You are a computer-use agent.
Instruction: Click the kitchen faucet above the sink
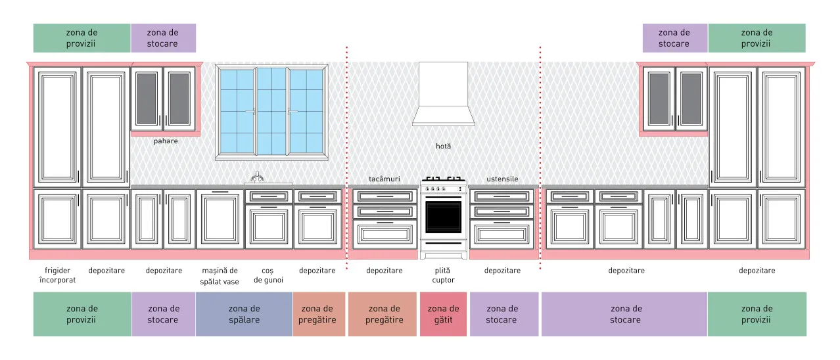[x=257, y=177]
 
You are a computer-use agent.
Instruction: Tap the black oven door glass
[x=443, y=217]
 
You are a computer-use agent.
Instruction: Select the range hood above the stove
[x=443, y=94]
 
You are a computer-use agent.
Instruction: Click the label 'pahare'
[x=166, y=141]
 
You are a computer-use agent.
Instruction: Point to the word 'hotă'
[x=443, y=146]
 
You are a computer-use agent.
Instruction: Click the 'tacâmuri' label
[x=385, y=179]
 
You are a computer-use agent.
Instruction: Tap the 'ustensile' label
[x=503, y=179]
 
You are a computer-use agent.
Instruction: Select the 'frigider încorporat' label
[x=57, y=275]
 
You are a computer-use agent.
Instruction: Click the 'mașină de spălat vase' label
[x=220, y=276]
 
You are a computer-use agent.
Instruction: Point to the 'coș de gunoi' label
[x=269, y=276]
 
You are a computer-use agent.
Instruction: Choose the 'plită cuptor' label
[x=443, y=275]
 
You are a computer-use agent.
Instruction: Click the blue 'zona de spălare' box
[x=244, y=314]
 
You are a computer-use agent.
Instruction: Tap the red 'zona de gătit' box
[x=443, y=314]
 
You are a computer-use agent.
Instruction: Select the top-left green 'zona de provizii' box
[x=82, y=38]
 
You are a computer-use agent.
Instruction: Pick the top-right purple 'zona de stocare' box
[x=675, y=38]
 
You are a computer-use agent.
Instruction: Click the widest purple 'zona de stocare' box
[x=624, y=314]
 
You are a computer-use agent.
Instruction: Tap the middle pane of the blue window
[x=272, y=111]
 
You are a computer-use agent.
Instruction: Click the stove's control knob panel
[x=443, y=189]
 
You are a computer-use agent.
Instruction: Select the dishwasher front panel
[x=220, y=219]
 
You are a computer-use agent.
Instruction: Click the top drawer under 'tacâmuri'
[x=385, y=196]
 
